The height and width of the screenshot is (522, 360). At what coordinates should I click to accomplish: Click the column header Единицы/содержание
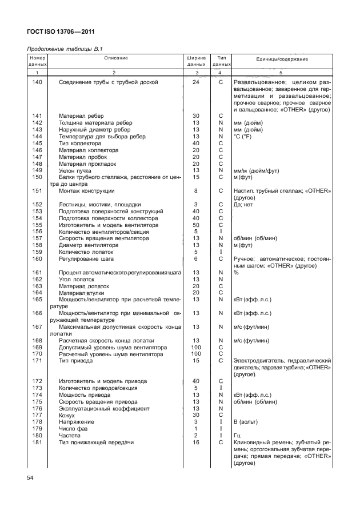(281, 59)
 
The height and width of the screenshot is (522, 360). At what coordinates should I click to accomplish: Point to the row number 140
(37, 82)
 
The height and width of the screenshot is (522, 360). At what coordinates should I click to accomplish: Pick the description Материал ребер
(80, 116)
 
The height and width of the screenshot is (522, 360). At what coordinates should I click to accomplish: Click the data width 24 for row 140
(195, 82)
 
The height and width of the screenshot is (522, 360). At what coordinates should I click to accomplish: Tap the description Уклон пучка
(76, 170)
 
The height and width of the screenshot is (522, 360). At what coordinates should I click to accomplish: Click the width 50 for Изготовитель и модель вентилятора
(195, 225)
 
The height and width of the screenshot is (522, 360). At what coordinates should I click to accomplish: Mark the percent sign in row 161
(236, 273)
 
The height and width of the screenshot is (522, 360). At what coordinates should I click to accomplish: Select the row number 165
(37, 300)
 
